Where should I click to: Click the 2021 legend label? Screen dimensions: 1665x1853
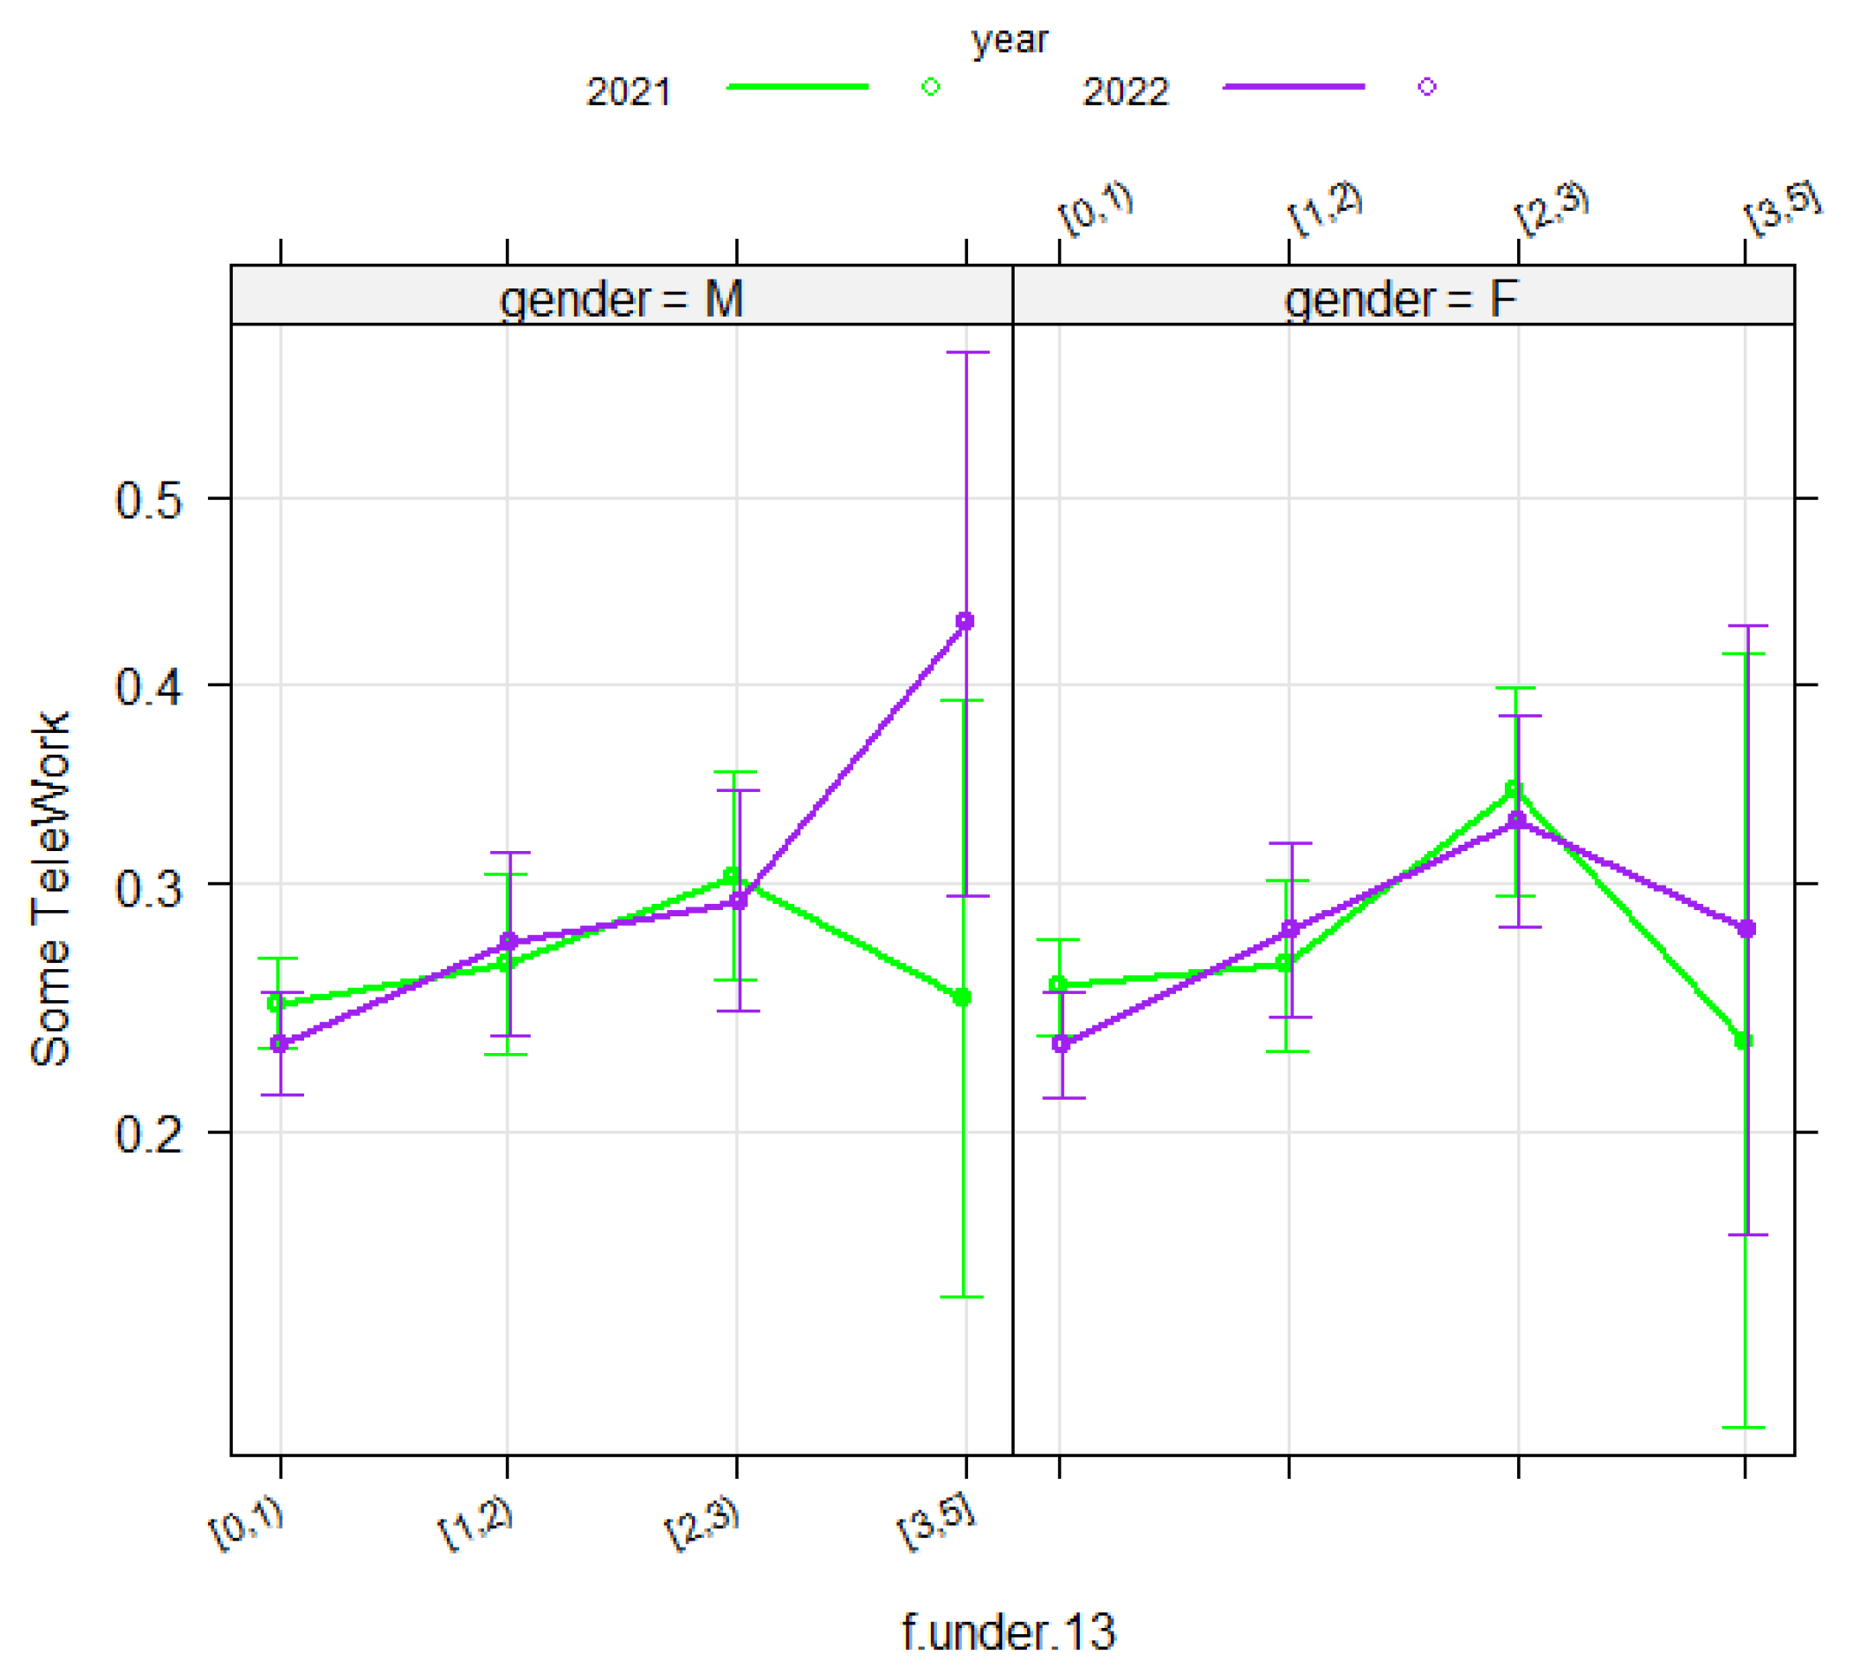click(x=629, y=93)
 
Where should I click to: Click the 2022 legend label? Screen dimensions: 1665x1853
click(x=1125, y=93)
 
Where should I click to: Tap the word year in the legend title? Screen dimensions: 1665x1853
click(x=1008, y=41)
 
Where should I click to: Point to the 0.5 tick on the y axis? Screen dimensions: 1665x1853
click(x=149, y=500)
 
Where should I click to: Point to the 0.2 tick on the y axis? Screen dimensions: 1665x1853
click(x=149, y=1134)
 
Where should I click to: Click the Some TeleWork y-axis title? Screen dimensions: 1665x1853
click(x=50, y=888)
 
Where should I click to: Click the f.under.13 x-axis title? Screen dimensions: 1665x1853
click(x=1008, y=1632)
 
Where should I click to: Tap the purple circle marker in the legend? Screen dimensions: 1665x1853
click(x=1427, y=87)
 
